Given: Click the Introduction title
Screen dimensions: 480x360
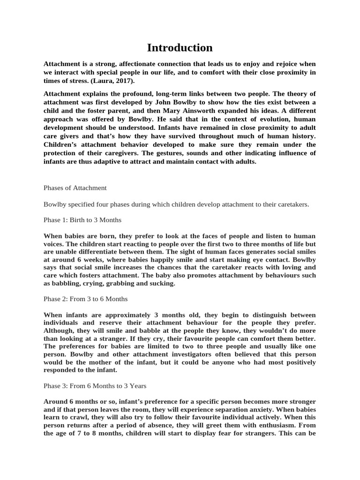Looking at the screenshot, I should pos(180,48).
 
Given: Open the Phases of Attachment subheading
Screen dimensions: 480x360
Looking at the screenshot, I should pos(75,187).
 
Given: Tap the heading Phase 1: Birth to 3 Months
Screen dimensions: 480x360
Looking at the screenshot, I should pos(82,220).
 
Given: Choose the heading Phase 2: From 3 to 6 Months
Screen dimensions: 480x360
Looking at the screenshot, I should pos(85,299).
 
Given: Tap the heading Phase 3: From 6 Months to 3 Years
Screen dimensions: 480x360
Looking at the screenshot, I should pos(95,386).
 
